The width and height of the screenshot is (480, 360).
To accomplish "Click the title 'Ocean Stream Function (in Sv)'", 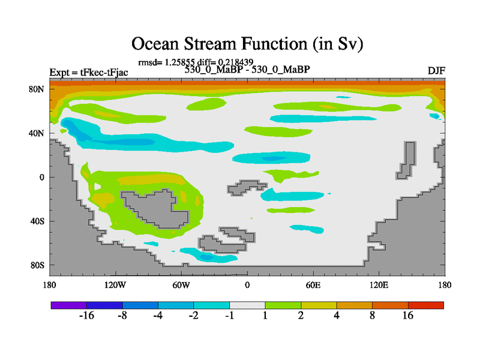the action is coord(247,44).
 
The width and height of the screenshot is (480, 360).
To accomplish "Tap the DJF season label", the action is coord(436,71).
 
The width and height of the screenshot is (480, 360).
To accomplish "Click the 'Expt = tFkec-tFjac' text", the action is coord(89,73).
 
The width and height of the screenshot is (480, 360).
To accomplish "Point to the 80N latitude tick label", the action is coord(37,89).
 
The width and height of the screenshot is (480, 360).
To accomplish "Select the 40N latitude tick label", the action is coord(37,133).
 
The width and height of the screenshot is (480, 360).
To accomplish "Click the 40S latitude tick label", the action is coord(37,221).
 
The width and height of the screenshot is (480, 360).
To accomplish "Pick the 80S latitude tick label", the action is coord(37,265).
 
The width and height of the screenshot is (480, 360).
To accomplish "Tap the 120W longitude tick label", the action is coord(115,286).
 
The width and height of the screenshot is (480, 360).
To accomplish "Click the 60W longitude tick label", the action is coord(181,286).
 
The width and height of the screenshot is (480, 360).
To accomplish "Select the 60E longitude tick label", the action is coord(313,286).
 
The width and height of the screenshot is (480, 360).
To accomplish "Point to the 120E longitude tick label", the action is coord(379,286).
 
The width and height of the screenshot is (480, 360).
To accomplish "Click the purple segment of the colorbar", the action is coord(69,305).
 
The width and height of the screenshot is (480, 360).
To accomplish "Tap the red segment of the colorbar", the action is coord(426,305).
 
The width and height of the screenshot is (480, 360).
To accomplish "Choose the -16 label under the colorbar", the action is coord(86,316).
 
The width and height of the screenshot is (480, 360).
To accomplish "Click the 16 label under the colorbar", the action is coord(408,316).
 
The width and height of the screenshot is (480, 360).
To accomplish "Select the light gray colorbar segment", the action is coord(247,305).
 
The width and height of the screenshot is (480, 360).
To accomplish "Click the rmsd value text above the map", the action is coord(196,62).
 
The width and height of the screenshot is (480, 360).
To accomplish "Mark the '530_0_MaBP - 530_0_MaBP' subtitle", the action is coord(247,70).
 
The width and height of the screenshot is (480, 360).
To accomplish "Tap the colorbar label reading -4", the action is coord(158,316).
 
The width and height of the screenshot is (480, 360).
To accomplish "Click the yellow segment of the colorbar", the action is coord(319,305).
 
